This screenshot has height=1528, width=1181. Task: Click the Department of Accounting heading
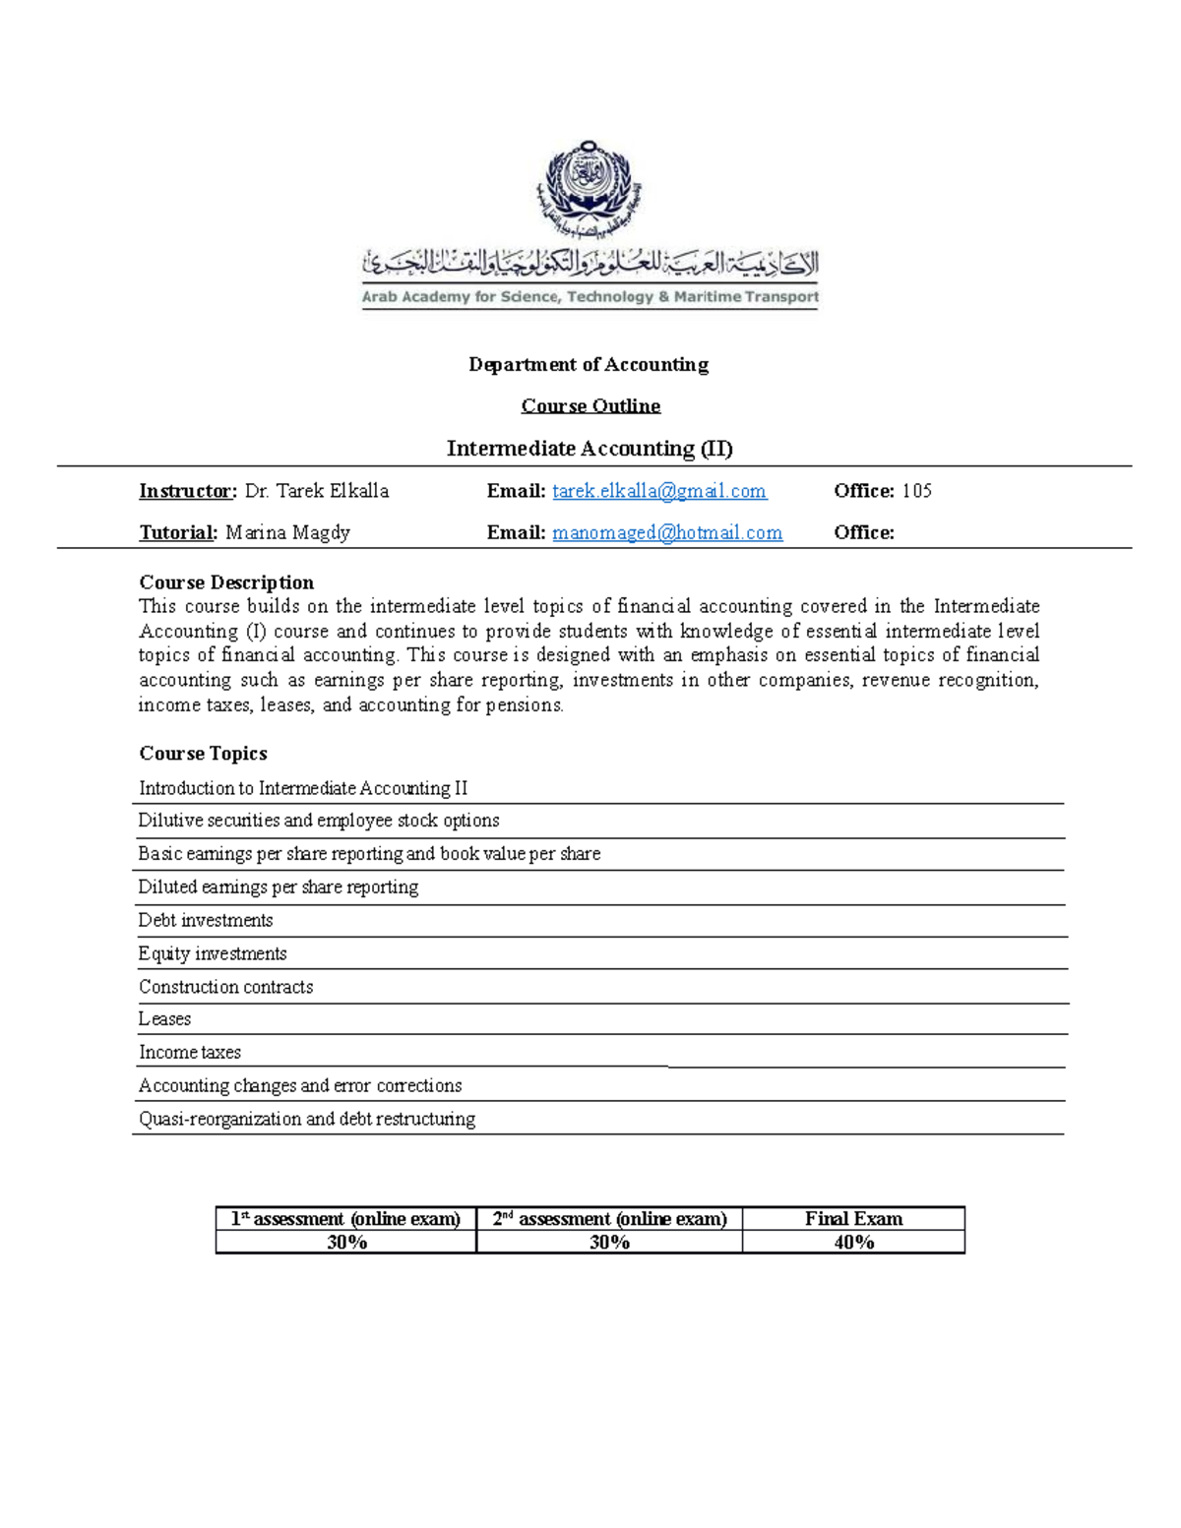(x=589, y=365)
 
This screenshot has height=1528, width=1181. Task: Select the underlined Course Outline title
(x=590, y=406)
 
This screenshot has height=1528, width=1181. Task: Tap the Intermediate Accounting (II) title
(x=590, y=449)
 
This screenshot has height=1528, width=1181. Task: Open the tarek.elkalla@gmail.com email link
(x=659, y=491)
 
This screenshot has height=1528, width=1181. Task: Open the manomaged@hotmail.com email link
(x=667, y=533)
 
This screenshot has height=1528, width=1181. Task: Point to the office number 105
(x=916, y=491)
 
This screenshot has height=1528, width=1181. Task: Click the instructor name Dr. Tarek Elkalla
(x=317, y=491)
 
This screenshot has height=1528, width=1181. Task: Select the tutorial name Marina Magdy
(x=287, y=533)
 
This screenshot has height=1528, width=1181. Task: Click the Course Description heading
(x=226, y=582)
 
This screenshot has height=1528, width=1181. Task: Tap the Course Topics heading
(x=203, y=754)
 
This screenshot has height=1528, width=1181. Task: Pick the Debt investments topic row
(x=206, y=921)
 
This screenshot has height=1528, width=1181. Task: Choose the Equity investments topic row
(x=213, y=954)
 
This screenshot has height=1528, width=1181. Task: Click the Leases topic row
(x=164, y=1019)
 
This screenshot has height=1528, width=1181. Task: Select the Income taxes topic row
(x=190, y=1053)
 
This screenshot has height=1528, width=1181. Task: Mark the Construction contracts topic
(x=225, y=987)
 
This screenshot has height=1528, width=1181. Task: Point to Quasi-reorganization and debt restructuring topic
(x=307, y=1120)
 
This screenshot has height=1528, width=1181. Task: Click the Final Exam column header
(x=853, y=1219)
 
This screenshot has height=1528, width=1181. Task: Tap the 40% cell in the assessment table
(x=853, y=1243)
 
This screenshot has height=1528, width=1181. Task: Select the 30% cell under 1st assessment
(x=346, y=1243)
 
